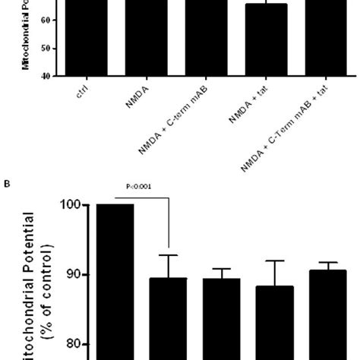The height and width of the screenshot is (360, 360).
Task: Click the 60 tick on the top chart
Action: click(46, 21)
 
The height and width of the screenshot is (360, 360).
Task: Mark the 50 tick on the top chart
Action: click(46, 49)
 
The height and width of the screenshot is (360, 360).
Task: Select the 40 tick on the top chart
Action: click(46, 76)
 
